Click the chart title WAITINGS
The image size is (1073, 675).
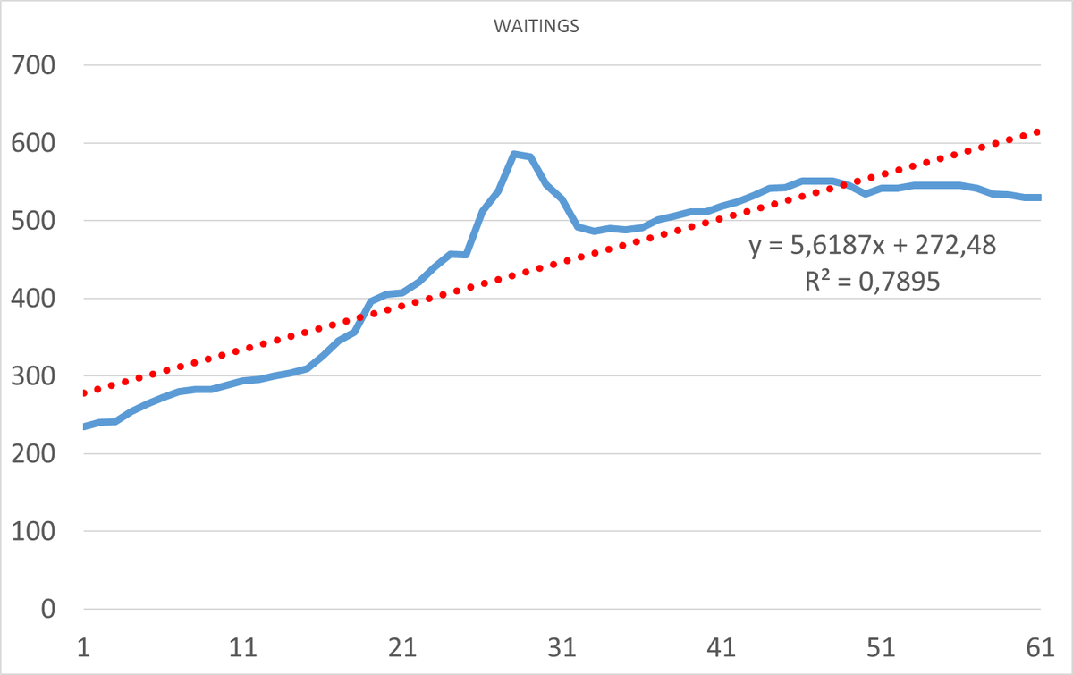[x=536, y=26]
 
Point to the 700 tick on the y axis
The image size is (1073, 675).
[x=33, y=65]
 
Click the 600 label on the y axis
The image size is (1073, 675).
[x=33, y=143]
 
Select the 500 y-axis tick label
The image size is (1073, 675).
[x=33, y=221]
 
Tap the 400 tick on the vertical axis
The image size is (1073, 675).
[x=33, y=299]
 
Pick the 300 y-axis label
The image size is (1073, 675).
[x=33, y=376]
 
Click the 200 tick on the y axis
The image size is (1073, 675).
[x=33, y=453]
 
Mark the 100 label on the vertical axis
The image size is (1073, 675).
[x=33, y=531]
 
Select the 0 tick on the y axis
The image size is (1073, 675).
[x=48, y=610]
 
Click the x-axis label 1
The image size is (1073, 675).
[x=84, y=647]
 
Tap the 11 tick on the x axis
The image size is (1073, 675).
[x=243, y=647]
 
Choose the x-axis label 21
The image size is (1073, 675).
[x=402, y=647]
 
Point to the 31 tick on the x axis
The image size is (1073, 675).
[x=562, y=647]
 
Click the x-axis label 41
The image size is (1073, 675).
[x=722, y=647]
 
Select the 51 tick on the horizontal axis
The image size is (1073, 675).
[x=881, y=647]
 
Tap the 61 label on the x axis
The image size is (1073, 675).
[x=1040, y=647]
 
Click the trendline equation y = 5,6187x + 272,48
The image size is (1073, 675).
[x=873, y=245]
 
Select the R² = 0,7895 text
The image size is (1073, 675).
[x=873, y=281]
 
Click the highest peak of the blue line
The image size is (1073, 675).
[x=514, y=154]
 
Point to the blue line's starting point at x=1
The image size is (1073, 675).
[x=85, y=426]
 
